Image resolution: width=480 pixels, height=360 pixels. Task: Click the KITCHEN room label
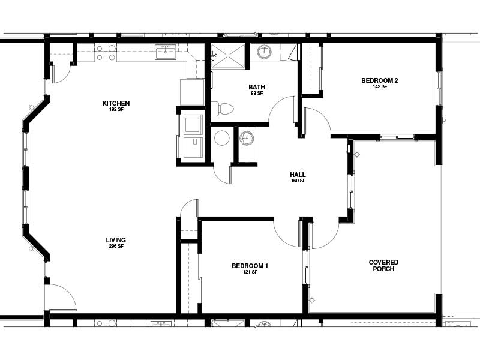(116, 103)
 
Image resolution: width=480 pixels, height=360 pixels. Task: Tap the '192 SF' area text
(116, 110)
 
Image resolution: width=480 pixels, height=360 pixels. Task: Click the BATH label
(257, 87)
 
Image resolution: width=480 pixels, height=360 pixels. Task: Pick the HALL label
(298, 175)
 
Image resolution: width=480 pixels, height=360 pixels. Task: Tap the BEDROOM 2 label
(380, 80)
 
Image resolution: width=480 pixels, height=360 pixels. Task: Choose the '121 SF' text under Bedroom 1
(250, 272)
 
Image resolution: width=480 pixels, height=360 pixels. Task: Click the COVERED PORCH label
(383, 265)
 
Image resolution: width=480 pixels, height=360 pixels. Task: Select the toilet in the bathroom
(224, 109)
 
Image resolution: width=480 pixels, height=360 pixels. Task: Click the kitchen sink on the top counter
(165, 53)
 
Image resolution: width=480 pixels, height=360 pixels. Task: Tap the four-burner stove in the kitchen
(106, 53)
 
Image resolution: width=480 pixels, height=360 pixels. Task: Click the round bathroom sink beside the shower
(265, 52)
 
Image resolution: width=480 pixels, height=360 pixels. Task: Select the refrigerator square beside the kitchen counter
(192, 92)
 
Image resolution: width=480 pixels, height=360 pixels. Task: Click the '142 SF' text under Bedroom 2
(380, 87)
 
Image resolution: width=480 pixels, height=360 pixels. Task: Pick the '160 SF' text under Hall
(298, 181)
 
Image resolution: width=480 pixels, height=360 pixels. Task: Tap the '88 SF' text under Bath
(257, 94)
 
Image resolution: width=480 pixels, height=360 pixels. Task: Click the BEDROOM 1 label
(250, 266)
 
